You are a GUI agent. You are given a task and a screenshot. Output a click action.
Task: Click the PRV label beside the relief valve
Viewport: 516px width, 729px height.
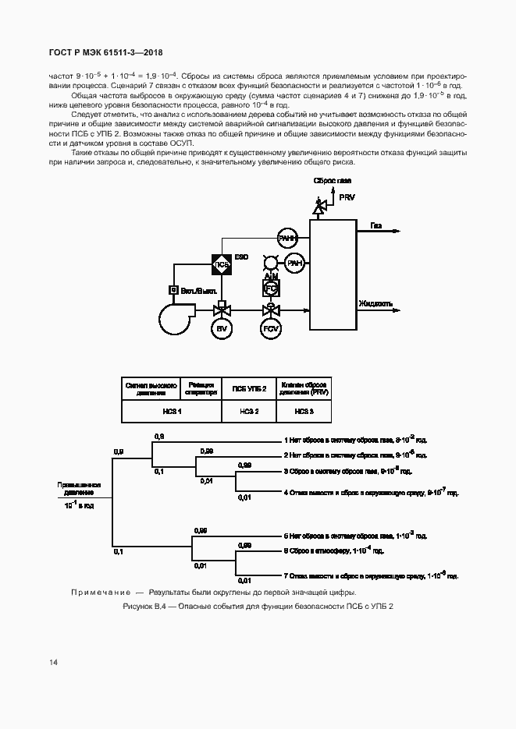(346, 197)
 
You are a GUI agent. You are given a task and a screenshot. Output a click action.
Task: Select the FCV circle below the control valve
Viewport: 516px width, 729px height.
(271, 330)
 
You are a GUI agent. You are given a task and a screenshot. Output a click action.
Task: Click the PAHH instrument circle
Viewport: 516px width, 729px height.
(289, 239)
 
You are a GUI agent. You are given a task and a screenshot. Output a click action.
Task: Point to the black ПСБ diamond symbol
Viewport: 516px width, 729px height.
(221, 264)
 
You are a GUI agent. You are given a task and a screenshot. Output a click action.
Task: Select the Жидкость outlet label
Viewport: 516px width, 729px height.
(375, 303)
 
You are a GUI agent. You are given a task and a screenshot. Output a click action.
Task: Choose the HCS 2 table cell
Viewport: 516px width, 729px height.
(249, 410)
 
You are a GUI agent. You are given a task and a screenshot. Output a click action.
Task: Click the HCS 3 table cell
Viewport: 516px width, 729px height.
(304, 410)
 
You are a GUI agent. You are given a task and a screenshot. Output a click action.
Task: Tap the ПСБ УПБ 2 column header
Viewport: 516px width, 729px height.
(249, 388)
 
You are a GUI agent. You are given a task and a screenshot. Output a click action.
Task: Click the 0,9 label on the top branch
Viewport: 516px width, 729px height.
(158, 436)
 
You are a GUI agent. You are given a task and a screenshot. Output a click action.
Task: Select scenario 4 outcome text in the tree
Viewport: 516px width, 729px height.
(371, 493)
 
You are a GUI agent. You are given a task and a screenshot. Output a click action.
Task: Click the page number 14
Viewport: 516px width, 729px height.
(54, 662)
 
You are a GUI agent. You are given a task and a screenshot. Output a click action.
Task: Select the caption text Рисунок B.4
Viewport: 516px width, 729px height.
(258, 607)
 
